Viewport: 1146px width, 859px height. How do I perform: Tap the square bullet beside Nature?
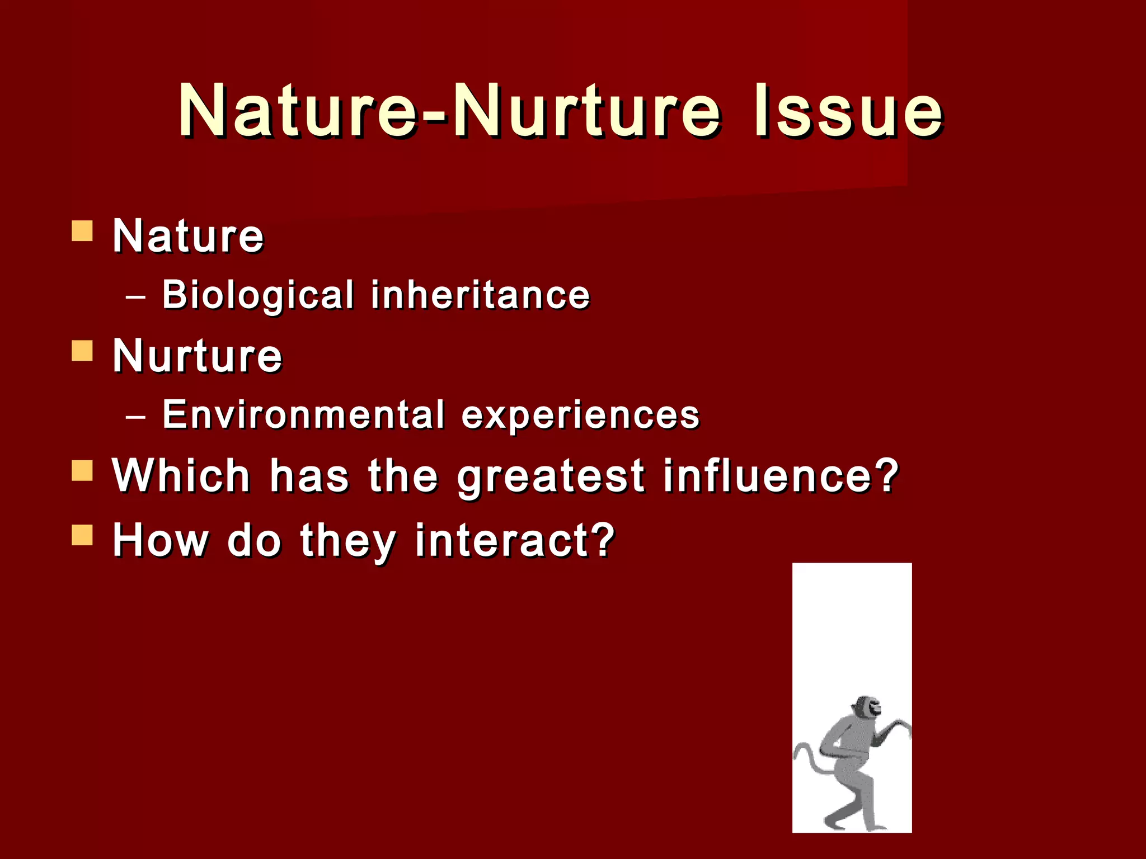(82, 230)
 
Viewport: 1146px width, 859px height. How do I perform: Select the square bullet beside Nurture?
(82, 351)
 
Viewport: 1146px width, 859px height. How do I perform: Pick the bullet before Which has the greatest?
(82, 471)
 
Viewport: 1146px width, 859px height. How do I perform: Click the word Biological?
(258, 295)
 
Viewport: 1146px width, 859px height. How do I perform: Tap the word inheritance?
(480, 295)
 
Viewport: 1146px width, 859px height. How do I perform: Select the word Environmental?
(303, 415)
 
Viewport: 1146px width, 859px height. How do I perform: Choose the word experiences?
(580, 415)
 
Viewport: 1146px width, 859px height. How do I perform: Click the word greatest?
(551, 476)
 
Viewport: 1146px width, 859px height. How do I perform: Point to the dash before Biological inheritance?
(136, 297)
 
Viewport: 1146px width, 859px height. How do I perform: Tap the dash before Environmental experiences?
(136, 417)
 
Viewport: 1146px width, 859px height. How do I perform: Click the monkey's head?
(865, 710)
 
